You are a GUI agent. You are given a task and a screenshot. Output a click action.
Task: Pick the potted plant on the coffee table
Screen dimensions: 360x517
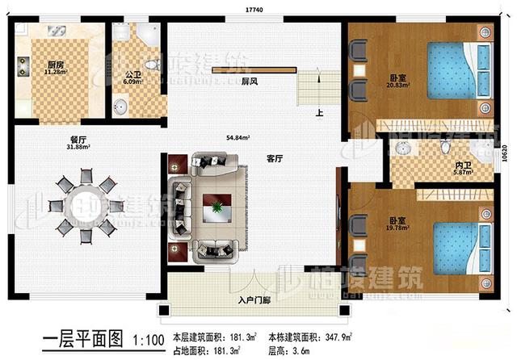click(216, 208)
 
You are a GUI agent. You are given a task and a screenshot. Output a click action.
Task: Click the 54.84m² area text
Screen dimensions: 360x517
click(238, 139)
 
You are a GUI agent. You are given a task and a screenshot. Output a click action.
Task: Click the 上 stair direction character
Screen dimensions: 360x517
click(321, 113)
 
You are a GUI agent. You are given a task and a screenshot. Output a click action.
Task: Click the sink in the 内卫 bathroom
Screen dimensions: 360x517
click(403, 149)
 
